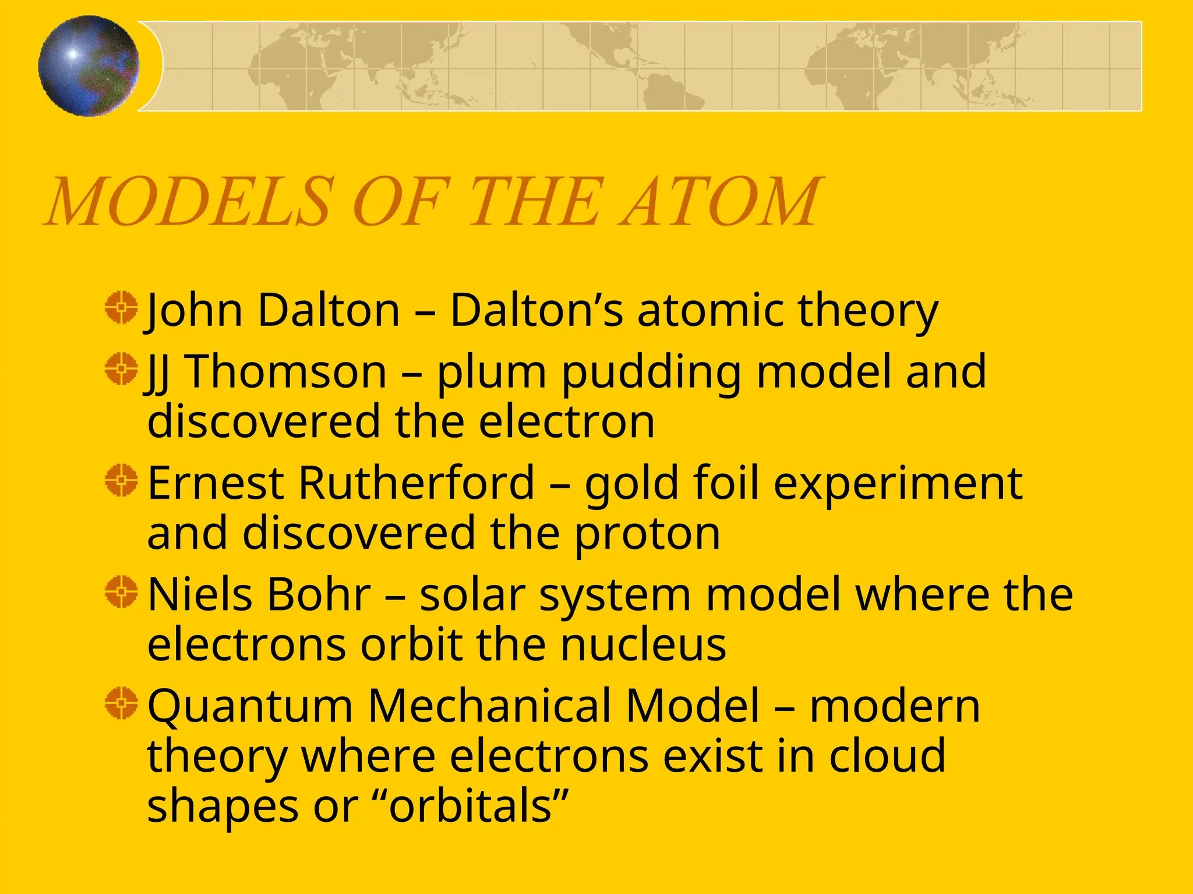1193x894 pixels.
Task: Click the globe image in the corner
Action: coord(89,66)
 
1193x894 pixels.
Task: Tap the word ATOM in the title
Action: coord(721,201)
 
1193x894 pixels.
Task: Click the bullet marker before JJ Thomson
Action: coord(121,369)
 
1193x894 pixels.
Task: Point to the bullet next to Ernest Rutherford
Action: coord(121,481)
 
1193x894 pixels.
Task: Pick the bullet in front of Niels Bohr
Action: coord(121,593)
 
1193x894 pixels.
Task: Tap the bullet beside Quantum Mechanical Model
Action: coord(121,703)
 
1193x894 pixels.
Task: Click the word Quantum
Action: coord(250,707)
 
